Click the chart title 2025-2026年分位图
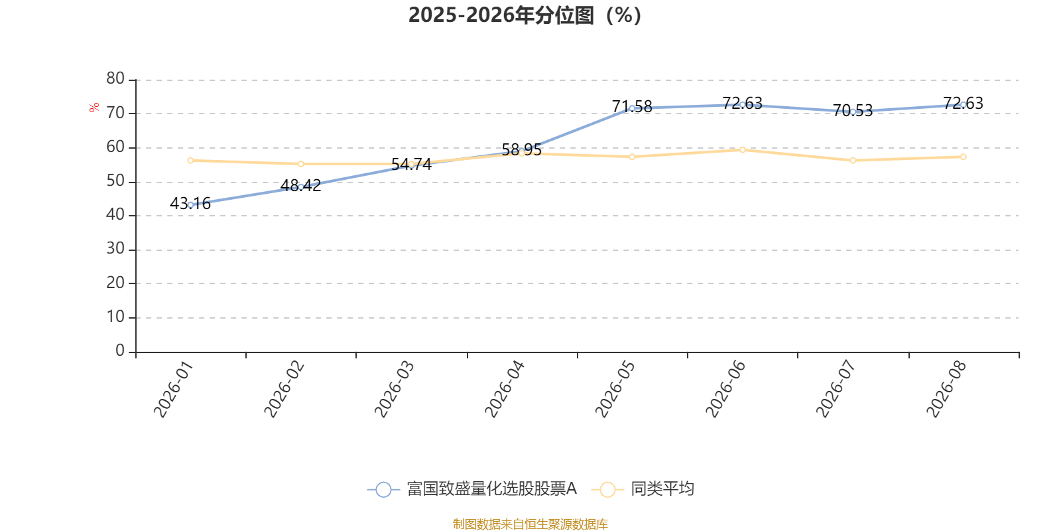tap(525, 15)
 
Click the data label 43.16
tap(190, 203)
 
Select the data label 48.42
tap(301, 185)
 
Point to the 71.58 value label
tap(632, 106)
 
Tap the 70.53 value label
tap(853, 110)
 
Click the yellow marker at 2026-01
tap(190, 161)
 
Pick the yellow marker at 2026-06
tap(742, 150)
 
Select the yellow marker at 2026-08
tap(963, 157)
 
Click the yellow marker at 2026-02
tap(301, 164)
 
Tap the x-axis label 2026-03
tap(394, 389)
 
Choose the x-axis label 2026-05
tap(615, 389)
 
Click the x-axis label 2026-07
tap(836, 389)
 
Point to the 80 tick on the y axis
tap(115, 78)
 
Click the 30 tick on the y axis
tap(115, 248)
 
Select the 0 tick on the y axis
tap(120, 350)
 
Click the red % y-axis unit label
tap(94, 108)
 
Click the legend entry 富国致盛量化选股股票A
tap(471, 489)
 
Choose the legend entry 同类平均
tap(643, 489)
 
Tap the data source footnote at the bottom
tap(530, 524)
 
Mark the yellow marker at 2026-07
tap(853, 161)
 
